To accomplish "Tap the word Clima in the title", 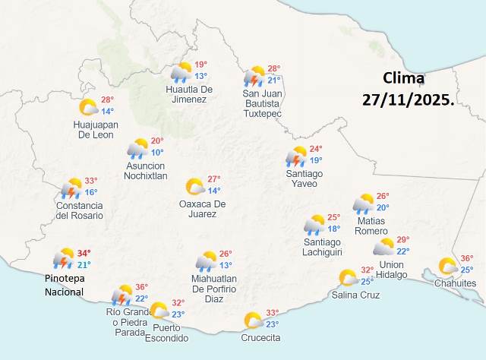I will pyautogui.click(x=404, y=77).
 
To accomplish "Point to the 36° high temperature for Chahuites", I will pyautogui.click(x=467, y=258).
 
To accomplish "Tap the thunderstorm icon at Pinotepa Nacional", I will pyautogui.click(x=63, y=260).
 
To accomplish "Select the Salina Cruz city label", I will pyautogui.click(x=355, y=295).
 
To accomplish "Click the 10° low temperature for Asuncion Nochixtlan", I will pyautogui.click(x=157, y=152).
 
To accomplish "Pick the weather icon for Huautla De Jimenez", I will pyautogui.click(x=181, y=72).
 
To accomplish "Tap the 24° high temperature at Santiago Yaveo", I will pyautogui.click(x=316, y=149).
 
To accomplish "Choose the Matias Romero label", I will pyautogui.click(x=371, y=226).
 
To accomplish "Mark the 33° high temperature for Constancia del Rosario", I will pyautogui.click(x=91, y=181).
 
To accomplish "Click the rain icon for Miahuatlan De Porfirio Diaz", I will pyautogui.click(x=206, y=261).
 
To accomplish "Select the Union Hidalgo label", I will pyautogui.click(x=391, y=269).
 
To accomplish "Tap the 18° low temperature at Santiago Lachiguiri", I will pyautogui.click(x=333, y=229).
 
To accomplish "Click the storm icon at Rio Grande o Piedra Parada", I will pyautogui.click(x=121, y=294).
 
